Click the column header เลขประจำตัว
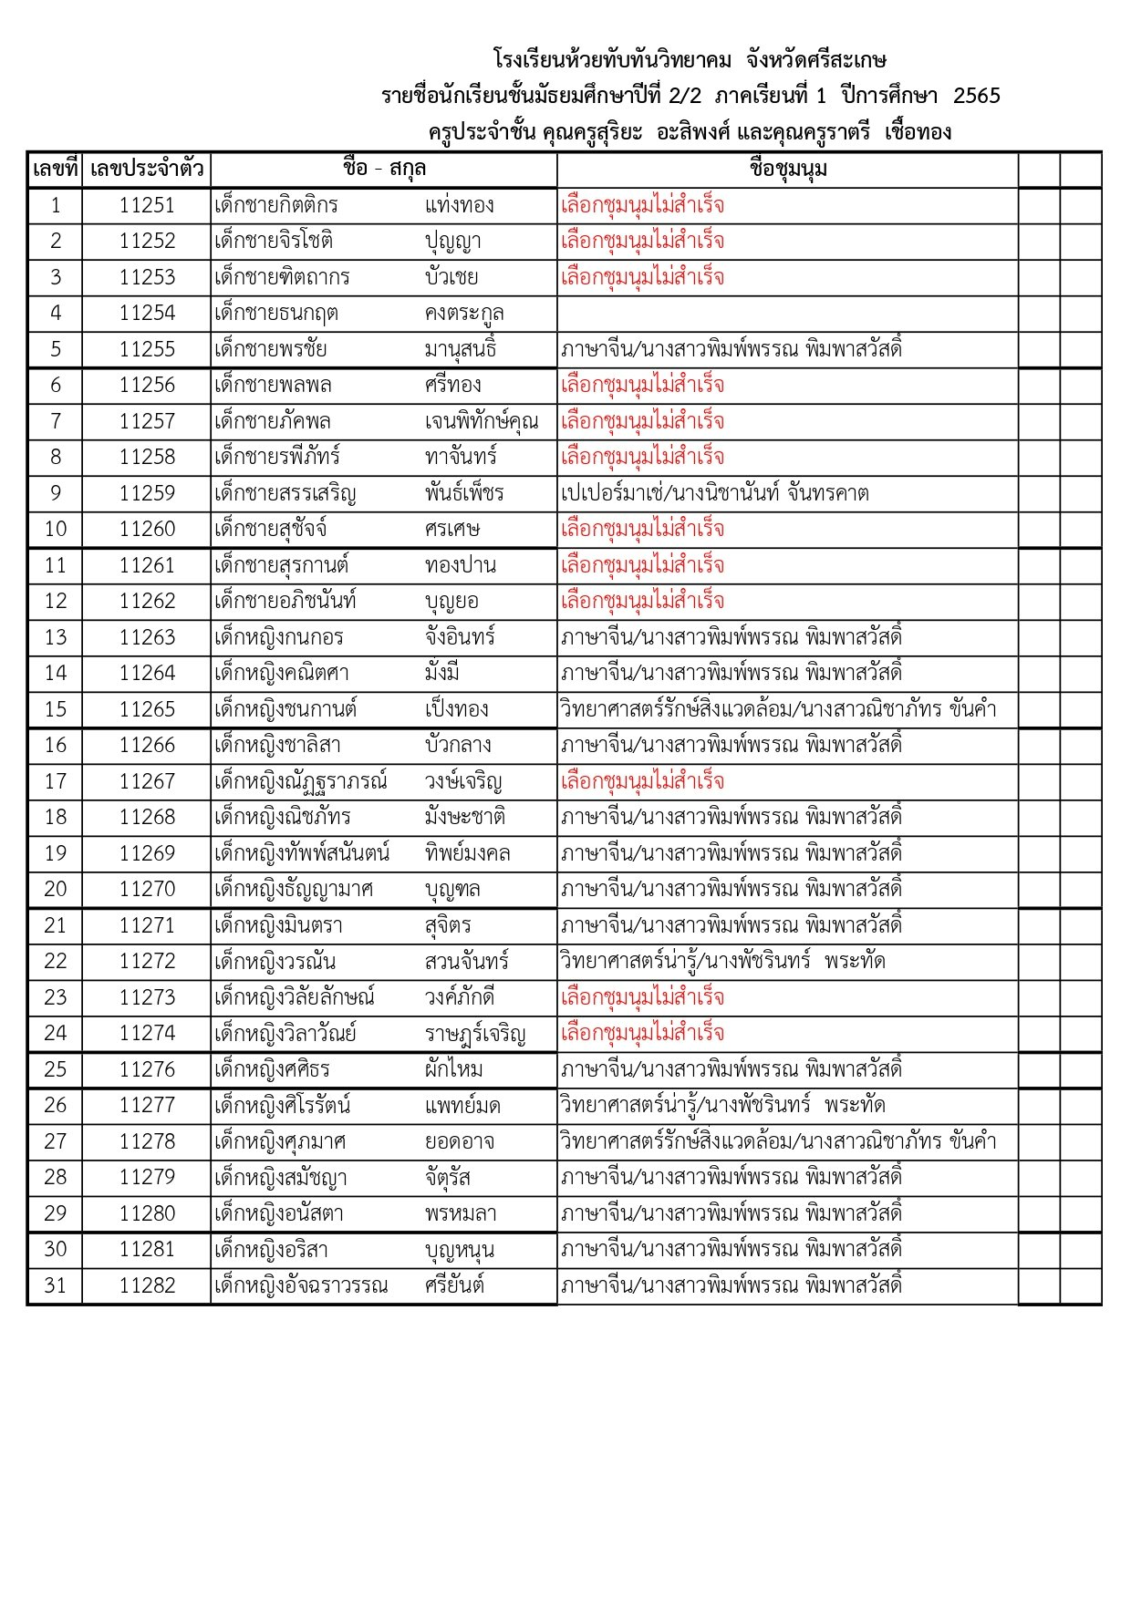tap(146, 170)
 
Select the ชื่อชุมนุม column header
tap(787, 170)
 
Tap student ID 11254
tap(146, 313)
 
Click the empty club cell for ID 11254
tap(787, 314)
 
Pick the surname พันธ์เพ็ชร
tap(464, 493)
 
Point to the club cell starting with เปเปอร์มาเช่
tap(714, 493)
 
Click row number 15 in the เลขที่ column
tap(56, 709)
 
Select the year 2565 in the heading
tap(976, 96)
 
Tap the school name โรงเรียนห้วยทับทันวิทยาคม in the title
tap(612, 60)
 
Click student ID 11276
tap(146, 1069)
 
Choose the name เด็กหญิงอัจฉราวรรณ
tap(301, 1285)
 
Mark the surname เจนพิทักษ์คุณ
tap(482, 421)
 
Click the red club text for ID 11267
tap(642, 781)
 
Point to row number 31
tap(56, 1285)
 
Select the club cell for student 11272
tap(722, 961)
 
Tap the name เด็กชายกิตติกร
tap(276, 205)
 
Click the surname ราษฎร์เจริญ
tap(475, 1034)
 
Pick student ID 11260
tap(146, 529)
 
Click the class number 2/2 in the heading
tap(684, 96)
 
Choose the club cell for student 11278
tap(778, 1141)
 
